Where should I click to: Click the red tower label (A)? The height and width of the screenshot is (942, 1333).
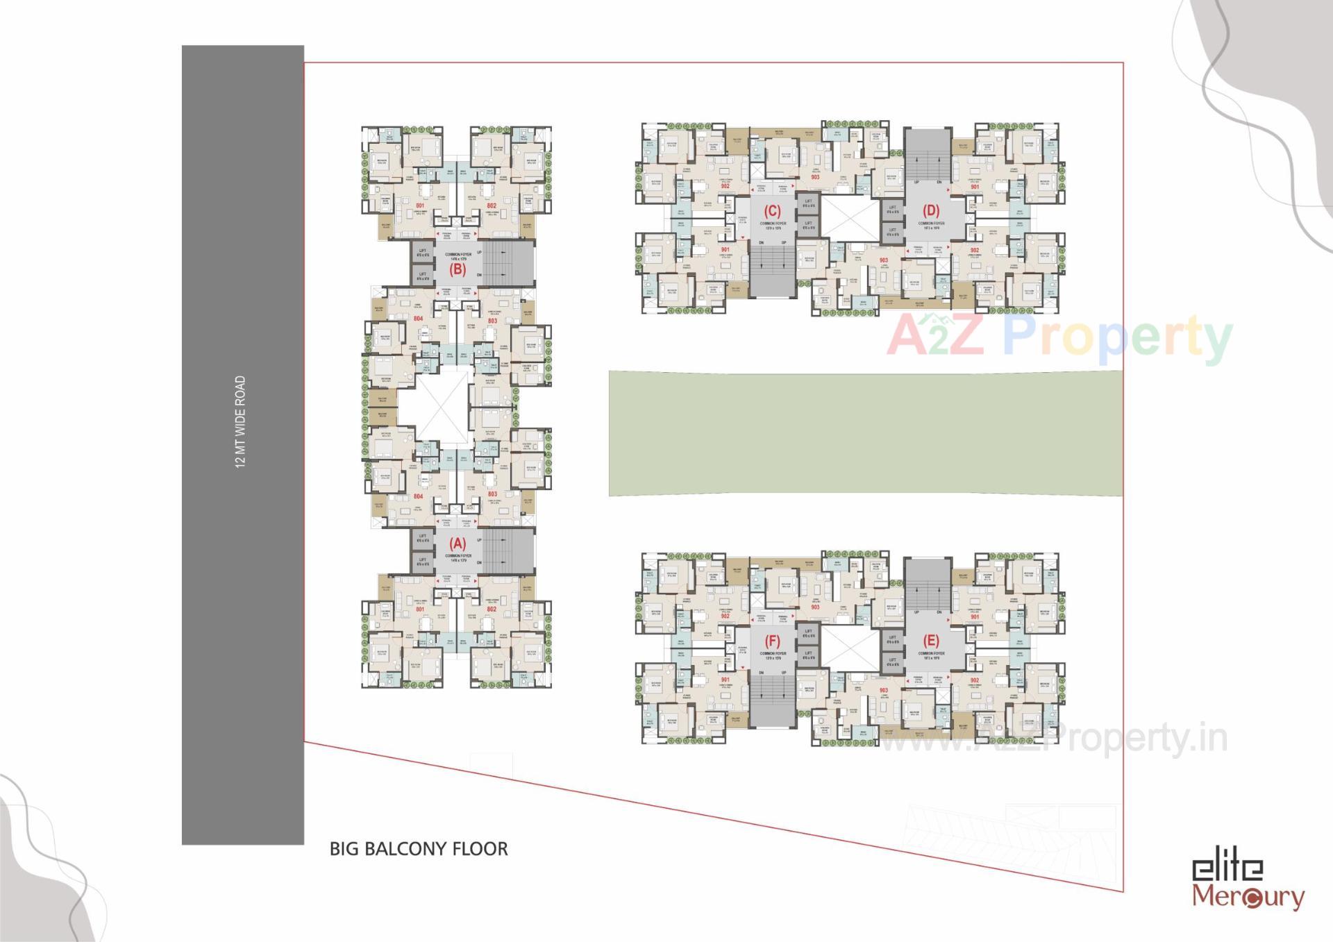(457, 544)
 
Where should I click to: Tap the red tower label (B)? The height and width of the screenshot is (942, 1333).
(457, 269)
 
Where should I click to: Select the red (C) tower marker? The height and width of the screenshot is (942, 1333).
(772, 211)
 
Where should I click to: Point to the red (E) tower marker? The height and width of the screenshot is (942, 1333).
(931, 641)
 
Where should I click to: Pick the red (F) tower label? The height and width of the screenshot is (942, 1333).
(772, 641)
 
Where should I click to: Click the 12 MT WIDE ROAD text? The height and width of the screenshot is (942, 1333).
(241, 422)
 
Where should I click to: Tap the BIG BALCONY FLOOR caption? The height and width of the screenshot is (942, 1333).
(419, 848)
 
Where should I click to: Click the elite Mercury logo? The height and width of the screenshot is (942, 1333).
(1248, 883)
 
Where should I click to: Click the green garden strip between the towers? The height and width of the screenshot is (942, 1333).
(865, 433)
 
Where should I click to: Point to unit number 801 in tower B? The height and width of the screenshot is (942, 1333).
(420, 206)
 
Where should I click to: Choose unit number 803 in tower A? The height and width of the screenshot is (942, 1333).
(492, 494)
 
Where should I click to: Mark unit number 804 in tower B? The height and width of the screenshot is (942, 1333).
(418, 319)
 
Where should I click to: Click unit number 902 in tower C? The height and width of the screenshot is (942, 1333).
(725, 186)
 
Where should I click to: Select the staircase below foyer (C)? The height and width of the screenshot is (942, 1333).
(771, 268)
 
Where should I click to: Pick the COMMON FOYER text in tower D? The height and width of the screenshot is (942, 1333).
(931, 223)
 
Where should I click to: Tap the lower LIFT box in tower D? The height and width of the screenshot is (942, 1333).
(892, 231)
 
